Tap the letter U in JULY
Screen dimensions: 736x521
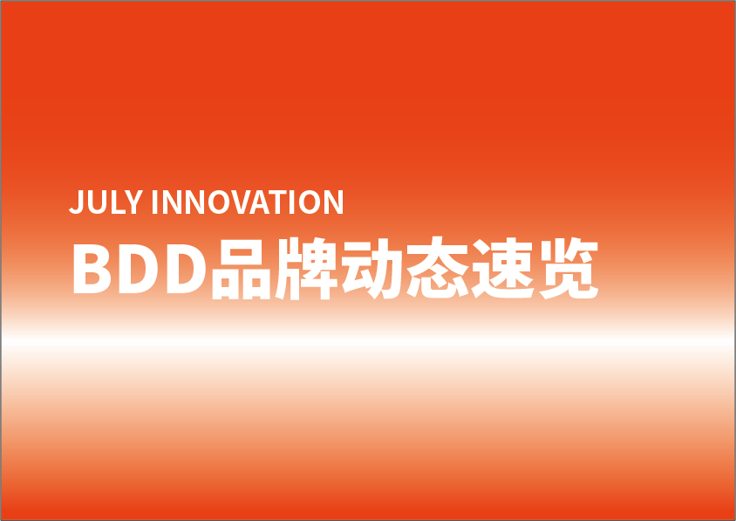97,202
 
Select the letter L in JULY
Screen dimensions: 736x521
119,202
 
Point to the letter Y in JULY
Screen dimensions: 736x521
133,202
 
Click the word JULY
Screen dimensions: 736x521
106,202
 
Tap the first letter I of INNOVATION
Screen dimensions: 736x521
154,202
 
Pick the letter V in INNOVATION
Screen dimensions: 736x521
242,202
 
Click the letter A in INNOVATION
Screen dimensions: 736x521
259,202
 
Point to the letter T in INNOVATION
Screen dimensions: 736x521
277,202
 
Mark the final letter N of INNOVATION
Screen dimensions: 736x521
334,202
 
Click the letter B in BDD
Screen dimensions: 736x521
92,269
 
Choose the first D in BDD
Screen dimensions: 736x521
139,269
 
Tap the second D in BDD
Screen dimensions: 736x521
187,269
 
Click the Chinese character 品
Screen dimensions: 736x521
242,269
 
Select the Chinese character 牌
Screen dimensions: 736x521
306,268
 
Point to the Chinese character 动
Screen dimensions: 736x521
371,268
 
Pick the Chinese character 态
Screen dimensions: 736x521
438,267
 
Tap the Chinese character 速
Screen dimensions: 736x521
502,268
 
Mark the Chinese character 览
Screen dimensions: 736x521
569,268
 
